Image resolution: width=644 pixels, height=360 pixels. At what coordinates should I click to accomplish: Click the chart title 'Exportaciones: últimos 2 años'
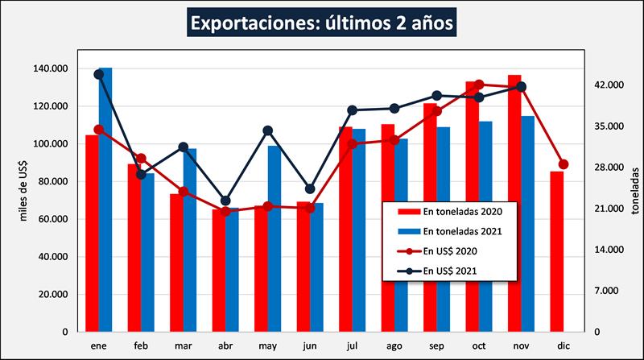coord(321,23)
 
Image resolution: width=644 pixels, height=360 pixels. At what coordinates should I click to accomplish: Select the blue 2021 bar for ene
coord(105,201)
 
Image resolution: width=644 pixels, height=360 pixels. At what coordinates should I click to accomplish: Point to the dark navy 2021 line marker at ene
coord(99,74)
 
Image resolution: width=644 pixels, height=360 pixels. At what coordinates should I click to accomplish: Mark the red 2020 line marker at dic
coord(563,164)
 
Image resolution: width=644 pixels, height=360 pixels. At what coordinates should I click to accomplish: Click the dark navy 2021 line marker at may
coord(268,130)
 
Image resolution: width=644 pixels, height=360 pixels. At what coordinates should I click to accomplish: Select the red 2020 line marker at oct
coord(479,85)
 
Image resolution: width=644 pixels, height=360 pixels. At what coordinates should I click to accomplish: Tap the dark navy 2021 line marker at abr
coord(226,201)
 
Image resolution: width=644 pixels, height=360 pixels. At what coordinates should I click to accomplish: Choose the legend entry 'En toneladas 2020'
coord(450,212)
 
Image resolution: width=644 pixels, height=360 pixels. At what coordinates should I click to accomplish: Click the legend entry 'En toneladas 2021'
coord(450,232)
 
